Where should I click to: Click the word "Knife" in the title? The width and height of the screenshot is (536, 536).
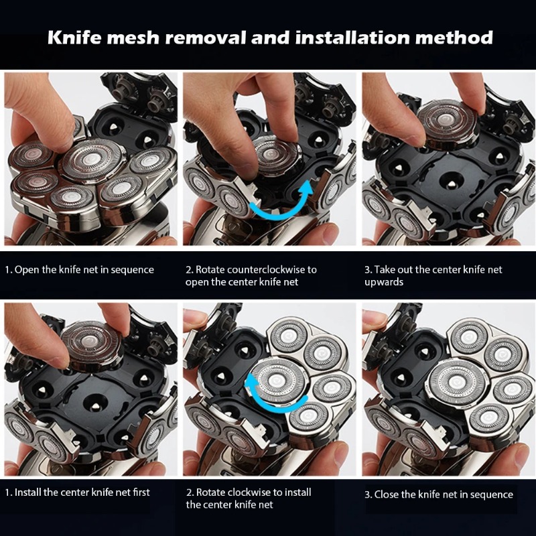click(74, 37)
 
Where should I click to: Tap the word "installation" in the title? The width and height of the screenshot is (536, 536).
click(352, 37)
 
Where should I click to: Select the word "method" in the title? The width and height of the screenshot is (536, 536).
click(454, 37)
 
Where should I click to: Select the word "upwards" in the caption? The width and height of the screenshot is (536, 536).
click(383, 282)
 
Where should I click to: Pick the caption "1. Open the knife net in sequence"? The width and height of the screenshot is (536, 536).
click(79, 270)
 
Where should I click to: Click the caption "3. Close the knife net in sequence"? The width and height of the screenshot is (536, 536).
click(439, 494)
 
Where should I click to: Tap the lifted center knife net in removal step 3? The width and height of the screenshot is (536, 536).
click(447, 124)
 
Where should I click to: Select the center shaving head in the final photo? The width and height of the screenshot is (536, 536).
click(457, 382)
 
